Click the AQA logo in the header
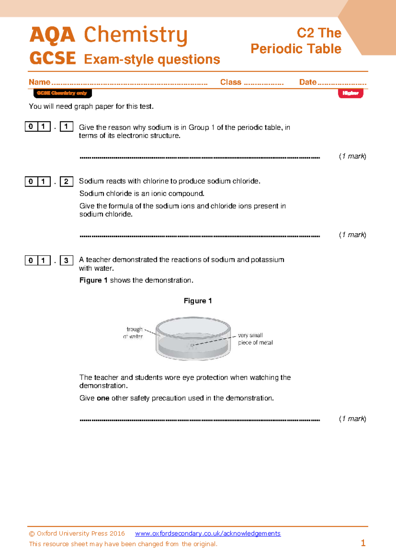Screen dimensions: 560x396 click(52, 35)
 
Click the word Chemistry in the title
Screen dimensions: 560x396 click(136, 35)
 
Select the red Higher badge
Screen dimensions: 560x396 click(350, 93)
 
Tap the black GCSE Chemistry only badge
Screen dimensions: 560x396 click(62, 93)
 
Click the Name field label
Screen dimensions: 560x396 click(40, 82)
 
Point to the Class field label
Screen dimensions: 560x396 click(231, 82)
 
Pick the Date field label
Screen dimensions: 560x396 click(308, 82)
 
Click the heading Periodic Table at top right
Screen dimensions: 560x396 click(296, 49)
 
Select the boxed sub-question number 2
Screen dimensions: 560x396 click(66, 182)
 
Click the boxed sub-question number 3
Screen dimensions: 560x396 click(66, 261)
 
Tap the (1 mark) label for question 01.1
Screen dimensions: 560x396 click(352, 156)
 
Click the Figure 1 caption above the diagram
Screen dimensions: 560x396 click(198, 301)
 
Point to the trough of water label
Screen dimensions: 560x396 click(134, 333)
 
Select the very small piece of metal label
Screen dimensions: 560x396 click(255, 339)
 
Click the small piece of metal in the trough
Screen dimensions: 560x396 click(192, 345)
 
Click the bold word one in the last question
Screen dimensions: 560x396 click(103, 398)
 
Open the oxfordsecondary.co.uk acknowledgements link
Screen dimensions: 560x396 click(208, 534)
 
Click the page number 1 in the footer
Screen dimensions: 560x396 click(363, 543)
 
